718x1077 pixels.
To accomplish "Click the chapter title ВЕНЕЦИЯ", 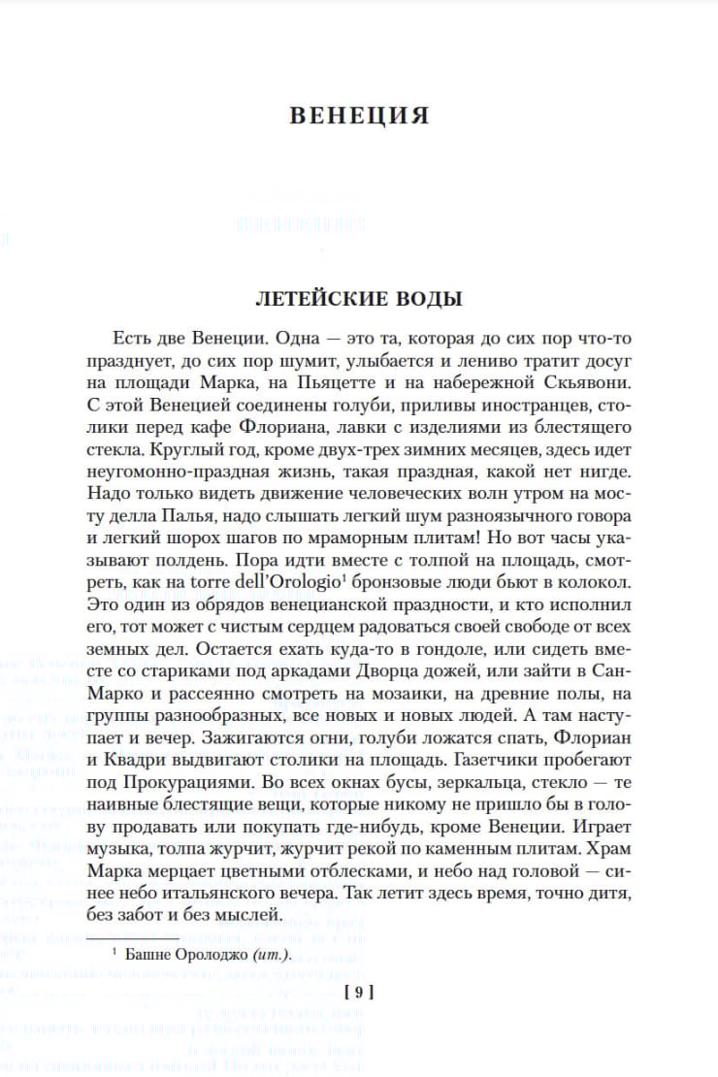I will pos(359,116).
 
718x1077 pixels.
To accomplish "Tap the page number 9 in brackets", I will pos(359,992).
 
